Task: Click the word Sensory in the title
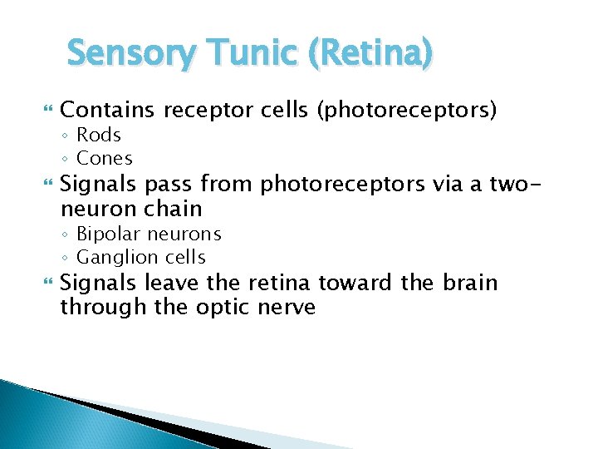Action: tap(130, 54)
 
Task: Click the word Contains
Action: tap(108, 109)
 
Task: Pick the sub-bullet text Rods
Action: tap(99, 135)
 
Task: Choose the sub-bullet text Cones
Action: tap(105, 158)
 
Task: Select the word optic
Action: tap(223, 307)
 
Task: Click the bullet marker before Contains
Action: tap(47, 110)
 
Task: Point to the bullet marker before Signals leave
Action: tap(47, 284)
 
